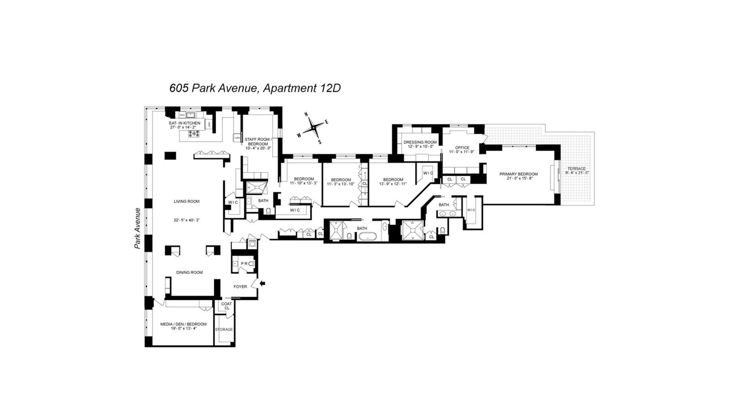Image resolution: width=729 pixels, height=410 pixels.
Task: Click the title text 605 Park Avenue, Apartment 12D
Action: pyautogui.click(x=255, y=88)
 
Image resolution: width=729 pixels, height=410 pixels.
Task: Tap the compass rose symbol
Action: pyautogui.click(x=313, y=128)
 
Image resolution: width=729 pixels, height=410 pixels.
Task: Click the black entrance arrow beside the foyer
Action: pyautogui.click(x=262, y=283)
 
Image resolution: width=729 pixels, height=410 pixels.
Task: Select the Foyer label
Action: pyautogui.click(x=240, y=287)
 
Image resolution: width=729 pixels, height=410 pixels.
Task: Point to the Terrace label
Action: pyautogui.click(x=576, y=169)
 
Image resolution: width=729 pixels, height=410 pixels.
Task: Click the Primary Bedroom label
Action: pyautogui.click(x=518, y=174)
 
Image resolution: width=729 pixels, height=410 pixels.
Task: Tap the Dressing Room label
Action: pyautogui.click(x=420, y=142)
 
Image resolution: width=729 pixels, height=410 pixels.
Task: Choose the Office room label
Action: pyautogui.click(x=462, y=148)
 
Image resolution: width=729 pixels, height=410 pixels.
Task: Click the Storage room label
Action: pyautogui.click(x=224, y=329)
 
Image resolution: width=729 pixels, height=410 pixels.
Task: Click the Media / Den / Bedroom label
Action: pyautogui.click(x=183, y=324)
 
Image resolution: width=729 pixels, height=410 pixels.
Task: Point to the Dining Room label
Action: pyautogui.click(x=189, y=272)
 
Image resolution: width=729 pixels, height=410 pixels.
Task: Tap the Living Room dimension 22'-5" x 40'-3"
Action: pyautogui.click(x=186, y=220)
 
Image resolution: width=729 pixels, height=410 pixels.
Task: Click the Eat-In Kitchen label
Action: pyautogui.click(x=184, y=123)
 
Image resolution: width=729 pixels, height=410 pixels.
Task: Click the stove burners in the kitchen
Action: pyautogui.click(x=194, y=134)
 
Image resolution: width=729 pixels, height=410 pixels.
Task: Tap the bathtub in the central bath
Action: pyautogui.click(x=368, y=237)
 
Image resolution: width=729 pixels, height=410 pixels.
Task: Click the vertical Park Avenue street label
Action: pyautogui.click(x=137, y=228)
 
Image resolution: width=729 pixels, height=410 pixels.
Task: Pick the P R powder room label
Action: pyautogui.click(x=244, y=263)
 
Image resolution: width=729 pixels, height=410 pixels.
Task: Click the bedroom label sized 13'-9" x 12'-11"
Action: pyautogui.click(x=393, y=180)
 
